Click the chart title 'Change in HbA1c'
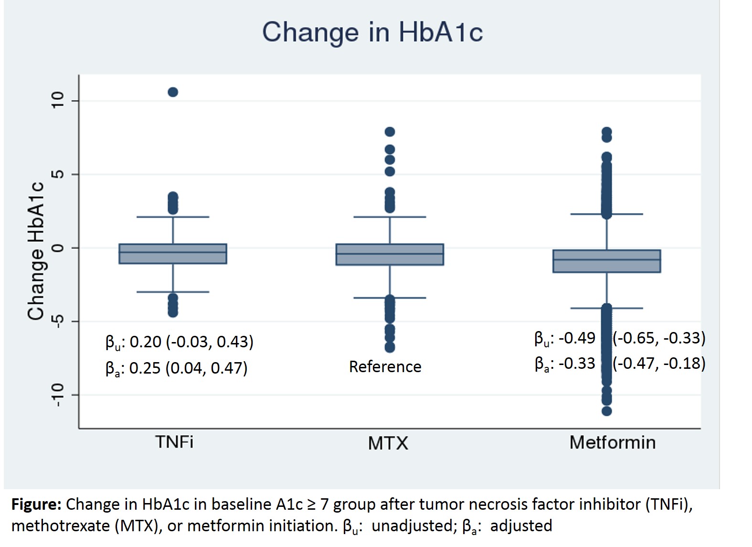pyautogui.click(x=372, y=32)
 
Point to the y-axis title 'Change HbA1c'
pyautogui.click(x=36, y=251)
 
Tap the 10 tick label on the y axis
pyautogui.click(x=58, y=100)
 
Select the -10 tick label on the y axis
pyautogui.click(x=58, y=395)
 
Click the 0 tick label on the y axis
pyautogui.click(x=58, y=248)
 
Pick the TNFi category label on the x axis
pyautogui.click(x=174, y=442)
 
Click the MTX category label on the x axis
pyautogui.click(x=388, y=443)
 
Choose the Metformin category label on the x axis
pyautogui.click(x=612, y=442)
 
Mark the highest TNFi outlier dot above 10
pyautogui.click(x=173, y=92)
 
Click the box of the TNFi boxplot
pyautogui.click(x=173, y=254)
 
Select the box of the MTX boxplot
pyautogui.click(x=390, y=255)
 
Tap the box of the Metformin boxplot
pyautogui.click(x=606, y=261)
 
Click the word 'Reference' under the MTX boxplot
pyautogui.click(x=385, y=367)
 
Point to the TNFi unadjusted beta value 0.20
pyautogui.click(x=146, y=342)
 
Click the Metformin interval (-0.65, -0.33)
pyautogui.click(x=659, y=338)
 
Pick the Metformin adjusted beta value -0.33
pyautogui.click(x=577, y=364)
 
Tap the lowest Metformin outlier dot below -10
pyautogui.click(x=606, y=411)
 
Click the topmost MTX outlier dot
pyautogui.click(x=390, y=132)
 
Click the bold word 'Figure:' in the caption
pyautogui.click(x=36, y=504)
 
